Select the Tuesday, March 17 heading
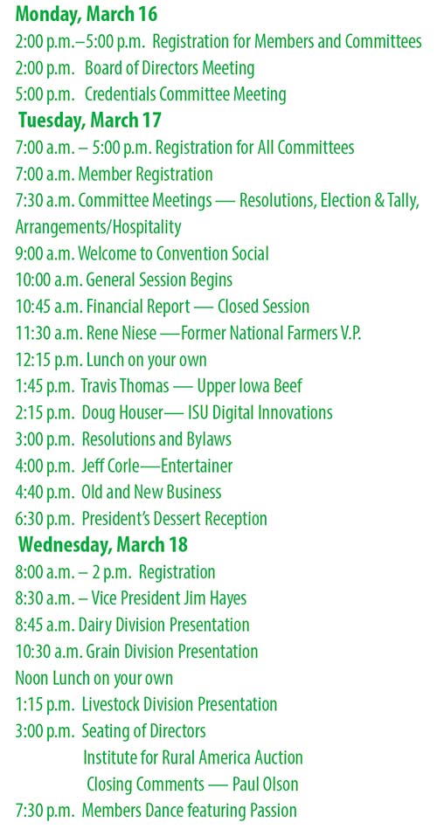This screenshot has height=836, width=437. [x=89, y=121]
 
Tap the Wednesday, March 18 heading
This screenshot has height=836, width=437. [x=103, y=545]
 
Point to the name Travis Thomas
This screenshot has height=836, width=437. [x=131, y=386]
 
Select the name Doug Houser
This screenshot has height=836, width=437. [x=126, y=412]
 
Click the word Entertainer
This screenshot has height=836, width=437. [x=192, y=466]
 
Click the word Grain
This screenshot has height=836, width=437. [x=105, y=652]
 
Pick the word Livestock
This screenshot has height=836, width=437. [x=114, y=704]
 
